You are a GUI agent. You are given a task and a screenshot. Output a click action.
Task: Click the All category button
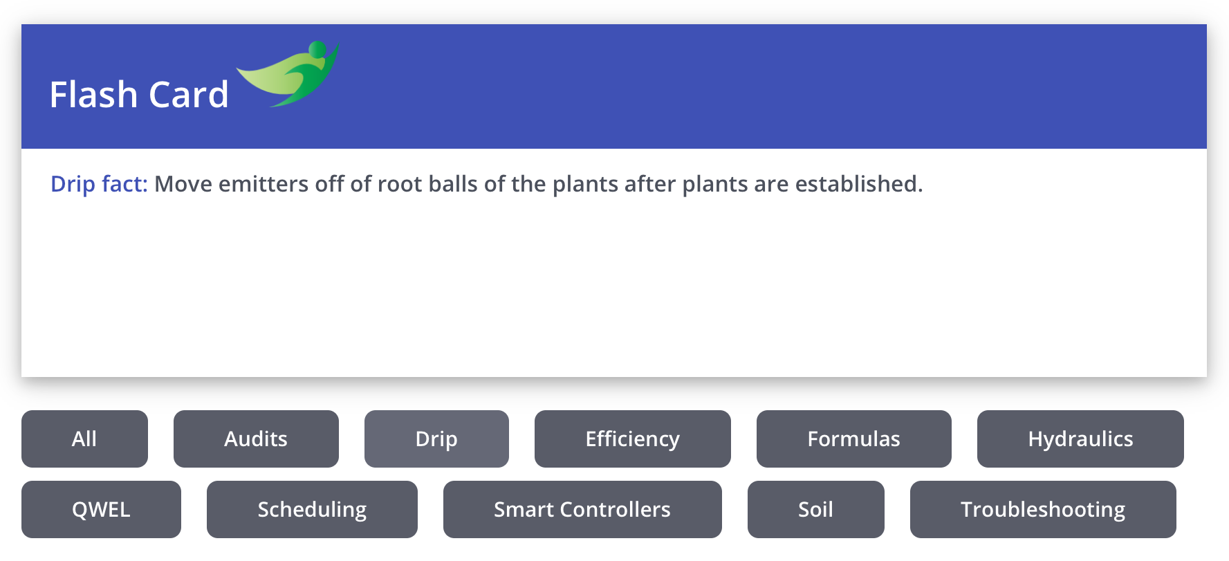(x=84, y=439)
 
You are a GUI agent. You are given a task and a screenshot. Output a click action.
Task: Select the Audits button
(x=256, y=439)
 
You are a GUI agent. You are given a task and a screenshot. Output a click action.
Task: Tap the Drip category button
(x=436, y=439)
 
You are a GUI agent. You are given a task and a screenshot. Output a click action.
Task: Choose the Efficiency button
(x=633, y=439)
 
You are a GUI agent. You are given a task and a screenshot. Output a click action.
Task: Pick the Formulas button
(x=854, y=439)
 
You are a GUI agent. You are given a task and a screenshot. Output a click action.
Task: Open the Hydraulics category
(x=1080, y=439)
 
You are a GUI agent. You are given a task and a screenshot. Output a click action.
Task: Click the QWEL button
(x=101, y=509)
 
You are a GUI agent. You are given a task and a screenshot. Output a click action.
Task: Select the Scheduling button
(x=312, y=509)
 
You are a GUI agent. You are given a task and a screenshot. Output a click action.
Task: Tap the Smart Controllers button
(x=582, y=509)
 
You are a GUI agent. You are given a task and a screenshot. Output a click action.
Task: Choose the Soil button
(x=816, y=509)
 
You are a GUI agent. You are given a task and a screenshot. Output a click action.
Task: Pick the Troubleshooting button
(x=1043, y=509)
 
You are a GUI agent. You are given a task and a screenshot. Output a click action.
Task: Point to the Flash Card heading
(x=139, y=95)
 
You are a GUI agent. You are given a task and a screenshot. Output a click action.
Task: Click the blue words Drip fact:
(x=99, y=184)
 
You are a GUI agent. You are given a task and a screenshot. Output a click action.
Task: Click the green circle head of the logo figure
(x=317, y=49)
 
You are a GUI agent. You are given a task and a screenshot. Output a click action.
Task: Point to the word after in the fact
(x=650, y=184)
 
